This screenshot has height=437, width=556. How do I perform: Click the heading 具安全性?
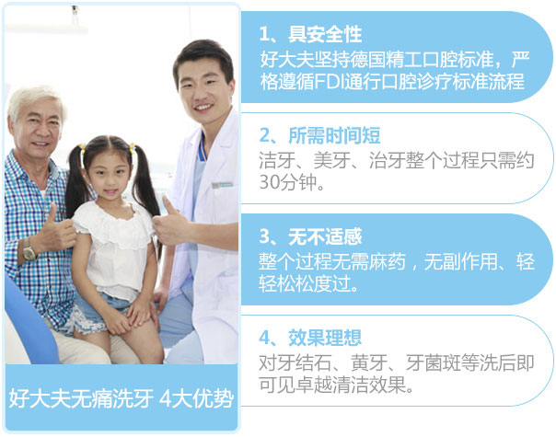coord(325,34)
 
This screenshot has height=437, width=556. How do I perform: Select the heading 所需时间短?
coord(334,135)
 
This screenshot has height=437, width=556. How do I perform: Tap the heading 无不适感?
coord(325,236)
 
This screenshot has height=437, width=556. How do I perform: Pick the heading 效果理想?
coord(325,338)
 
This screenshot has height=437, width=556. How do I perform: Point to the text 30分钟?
coord(288,182)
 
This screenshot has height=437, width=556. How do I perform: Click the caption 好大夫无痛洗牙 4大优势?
coord(122,398)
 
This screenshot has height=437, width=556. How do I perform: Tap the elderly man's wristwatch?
coord(29,250)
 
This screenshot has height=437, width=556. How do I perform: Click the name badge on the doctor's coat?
coord(223,185)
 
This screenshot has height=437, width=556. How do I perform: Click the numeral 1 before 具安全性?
coord(264,35)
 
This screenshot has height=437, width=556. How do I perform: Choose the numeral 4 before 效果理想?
coord(264,338)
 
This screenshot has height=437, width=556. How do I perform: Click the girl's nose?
coord(110,182)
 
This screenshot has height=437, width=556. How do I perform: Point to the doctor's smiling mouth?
coord(203,107)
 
